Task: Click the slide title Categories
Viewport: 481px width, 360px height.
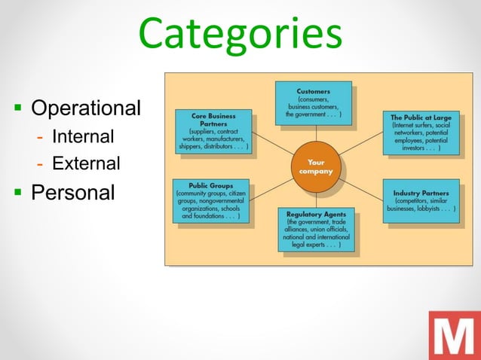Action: (x=240, y=36)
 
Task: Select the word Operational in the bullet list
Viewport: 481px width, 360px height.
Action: (x=85, y=108)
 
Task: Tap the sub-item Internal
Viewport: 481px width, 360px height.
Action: (x=83, y=137)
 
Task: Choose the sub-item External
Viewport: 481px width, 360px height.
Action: (x=86, y=163)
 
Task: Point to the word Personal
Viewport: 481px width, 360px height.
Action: (x=73, y=192)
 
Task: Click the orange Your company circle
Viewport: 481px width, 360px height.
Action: (x=316, y=166)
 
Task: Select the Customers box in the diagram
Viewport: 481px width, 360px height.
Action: (x=313, y=102)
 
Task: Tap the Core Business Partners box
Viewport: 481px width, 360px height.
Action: (x=213, y=132)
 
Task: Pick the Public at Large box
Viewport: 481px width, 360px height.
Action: (x=421, y=133)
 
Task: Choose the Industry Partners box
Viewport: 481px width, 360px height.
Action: (x=421, y=200)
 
